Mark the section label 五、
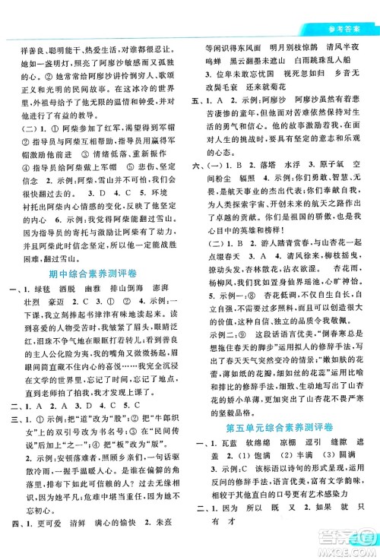tap(201, 100)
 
